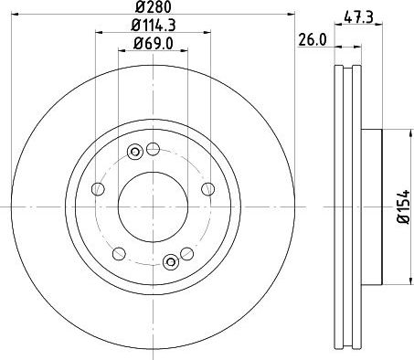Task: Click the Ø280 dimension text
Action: pos(154,6)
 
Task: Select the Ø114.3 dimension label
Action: pos(154,25)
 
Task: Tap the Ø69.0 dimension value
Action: pos(154,43)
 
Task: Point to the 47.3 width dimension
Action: pos(358,17)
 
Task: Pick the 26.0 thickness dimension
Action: pos(313,40)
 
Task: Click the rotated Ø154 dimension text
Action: pos(405,207)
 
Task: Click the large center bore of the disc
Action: pos(153,207)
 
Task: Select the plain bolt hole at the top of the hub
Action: pos(153,149)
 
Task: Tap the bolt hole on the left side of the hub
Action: pos(98,189)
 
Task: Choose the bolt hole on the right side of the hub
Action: pos(208,189)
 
